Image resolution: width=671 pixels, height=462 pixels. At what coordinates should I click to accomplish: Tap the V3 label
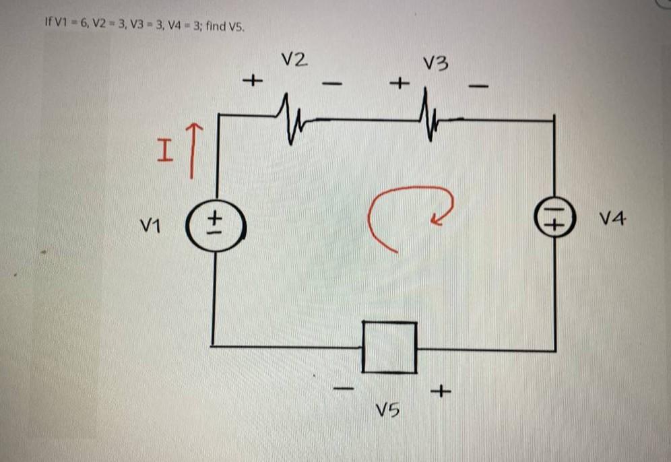436,64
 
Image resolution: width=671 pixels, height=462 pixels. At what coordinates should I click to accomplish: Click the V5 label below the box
388,408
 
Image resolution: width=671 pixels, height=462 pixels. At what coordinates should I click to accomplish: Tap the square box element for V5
389,347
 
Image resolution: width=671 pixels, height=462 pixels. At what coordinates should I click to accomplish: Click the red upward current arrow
193,150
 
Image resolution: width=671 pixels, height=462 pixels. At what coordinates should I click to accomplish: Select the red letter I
164,150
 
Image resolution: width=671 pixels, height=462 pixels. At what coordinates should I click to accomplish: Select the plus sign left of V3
400,84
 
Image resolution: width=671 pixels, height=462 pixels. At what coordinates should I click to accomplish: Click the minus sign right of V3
478,86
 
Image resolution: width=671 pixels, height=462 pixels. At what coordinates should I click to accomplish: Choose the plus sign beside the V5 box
441,390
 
